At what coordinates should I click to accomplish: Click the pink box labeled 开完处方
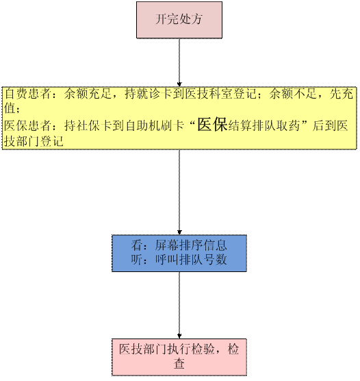click(179, 20)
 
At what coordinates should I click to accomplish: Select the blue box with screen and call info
click(179, 253)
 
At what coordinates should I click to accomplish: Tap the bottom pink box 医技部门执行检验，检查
click(179, 357)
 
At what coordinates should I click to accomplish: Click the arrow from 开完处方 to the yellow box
click(179, 62)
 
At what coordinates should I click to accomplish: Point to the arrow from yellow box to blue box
click(179, 192)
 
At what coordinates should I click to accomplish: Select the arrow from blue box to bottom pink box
click(179, 305)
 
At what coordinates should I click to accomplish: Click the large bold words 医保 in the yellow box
click(212, 125)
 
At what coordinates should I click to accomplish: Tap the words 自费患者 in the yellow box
click(27, 94)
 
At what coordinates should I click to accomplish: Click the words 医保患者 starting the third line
click(27, 125)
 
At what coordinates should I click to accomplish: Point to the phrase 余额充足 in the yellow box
click(88, 94)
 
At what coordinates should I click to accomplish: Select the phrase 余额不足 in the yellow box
click(292, 94)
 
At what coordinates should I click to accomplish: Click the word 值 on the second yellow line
click(10, 108)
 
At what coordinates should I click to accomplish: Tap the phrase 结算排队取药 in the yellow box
click(264, 125)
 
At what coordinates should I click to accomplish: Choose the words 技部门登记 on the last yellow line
click(34, 141)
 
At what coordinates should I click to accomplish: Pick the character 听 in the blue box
click(137, 260)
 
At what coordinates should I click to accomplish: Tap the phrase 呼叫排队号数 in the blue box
click(191, 260)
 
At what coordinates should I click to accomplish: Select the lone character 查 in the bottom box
click(179, 364)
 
